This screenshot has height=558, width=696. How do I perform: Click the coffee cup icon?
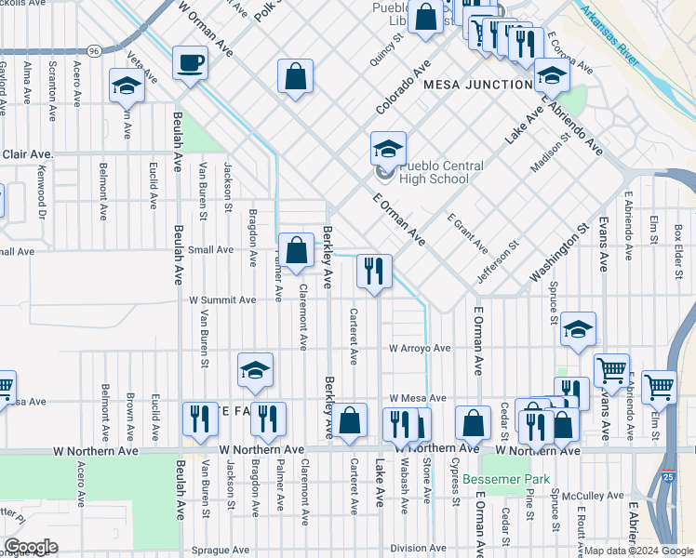(x=191, y=63)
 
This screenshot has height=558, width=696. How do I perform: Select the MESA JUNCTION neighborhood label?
(x=477, y=85)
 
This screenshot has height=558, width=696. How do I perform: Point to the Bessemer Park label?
(x=506, y=480)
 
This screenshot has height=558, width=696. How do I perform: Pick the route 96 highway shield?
(x=95, y=50)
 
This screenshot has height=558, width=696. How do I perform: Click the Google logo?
(x=31, y=546)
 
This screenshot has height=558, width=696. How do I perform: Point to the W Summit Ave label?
(x=222, y=300)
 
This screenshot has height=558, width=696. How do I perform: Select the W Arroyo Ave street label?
(x=420, y=349)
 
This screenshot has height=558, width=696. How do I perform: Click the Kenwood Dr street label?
(x=41, y=191)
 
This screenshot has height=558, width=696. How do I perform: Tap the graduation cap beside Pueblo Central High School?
(x=388, y=148)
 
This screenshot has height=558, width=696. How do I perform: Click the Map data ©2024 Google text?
(x=638, y=551)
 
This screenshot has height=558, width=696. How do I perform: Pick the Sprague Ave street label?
(x=221, y=551)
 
